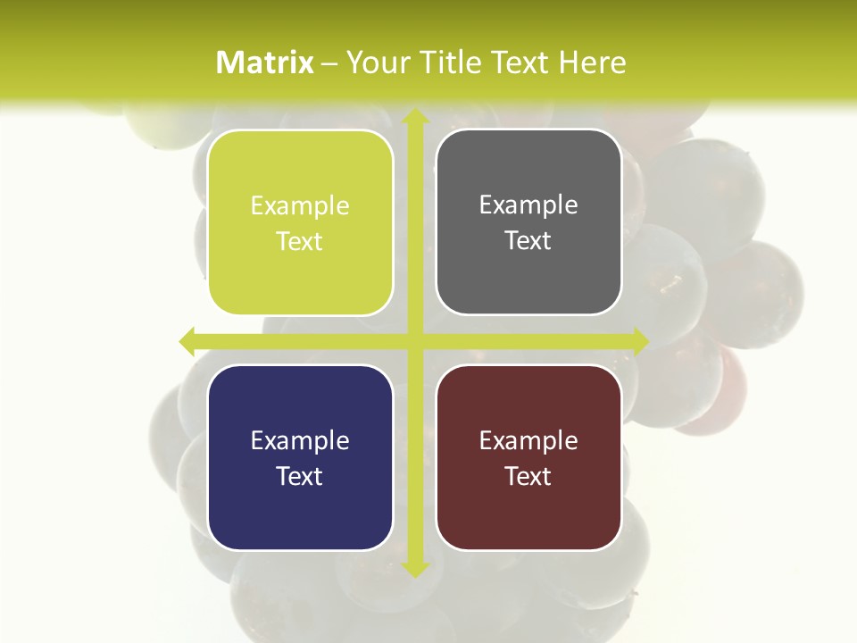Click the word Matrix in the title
point(265,63)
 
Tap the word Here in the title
point(592,63)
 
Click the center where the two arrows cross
point(414,340)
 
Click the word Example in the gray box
point(528,205)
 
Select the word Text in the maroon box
point(528,476)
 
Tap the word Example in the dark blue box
point(300,440)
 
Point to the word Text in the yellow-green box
point(300,241)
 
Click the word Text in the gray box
point(528,240)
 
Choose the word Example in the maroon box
point(528,440)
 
